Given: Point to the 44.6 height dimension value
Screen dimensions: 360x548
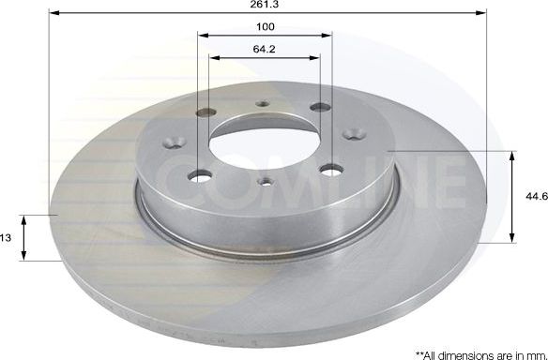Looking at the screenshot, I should pos(535,196).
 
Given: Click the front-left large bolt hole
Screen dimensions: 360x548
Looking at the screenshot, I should pos(199,174).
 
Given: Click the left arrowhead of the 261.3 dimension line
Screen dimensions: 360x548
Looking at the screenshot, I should pos(51,14).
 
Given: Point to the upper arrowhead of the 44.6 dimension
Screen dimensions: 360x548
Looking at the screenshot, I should pos(512,155).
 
